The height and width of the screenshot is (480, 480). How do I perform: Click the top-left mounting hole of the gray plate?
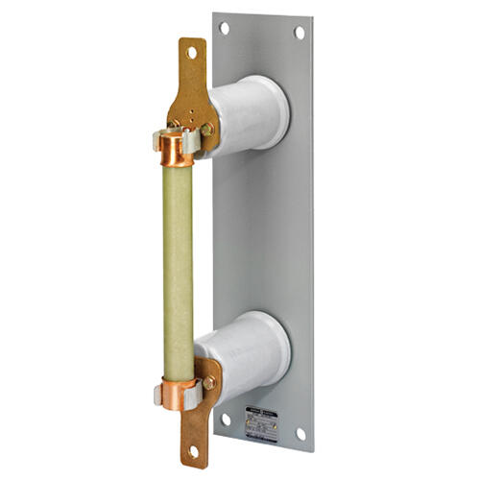coord(225,29)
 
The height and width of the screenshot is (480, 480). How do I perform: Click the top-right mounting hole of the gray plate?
coord(300,33)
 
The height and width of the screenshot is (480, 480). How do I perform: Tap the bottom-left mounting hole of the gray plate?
coord(226,419)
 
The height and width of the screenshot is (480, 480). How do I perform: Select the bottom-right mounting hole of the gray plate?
coord(300,433)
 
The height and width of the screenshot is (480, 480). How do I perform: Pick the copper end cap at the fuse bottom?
coord(179,393)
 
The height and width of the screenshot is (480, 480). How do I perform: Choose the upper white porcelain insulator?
coord(248,115)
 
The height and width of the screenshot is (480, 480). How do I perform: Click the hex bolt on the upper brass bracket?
coord(207,129)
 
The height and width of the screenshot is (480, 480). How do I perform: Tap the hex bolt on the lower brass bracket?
coord(208,383)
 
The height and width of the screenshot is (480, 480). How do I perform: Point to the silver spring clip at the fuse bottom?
coord(157,394)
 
